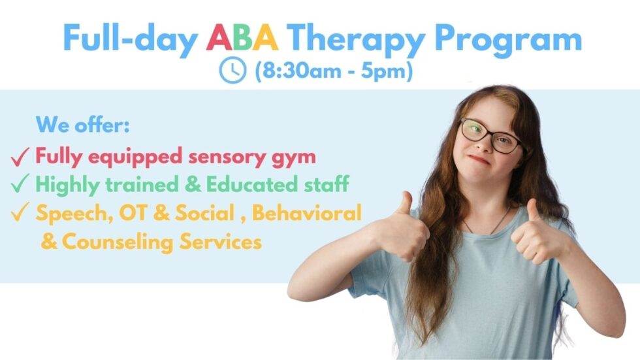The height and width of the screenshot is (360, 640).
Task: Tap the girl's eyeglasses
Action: [x=490, y=135]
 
